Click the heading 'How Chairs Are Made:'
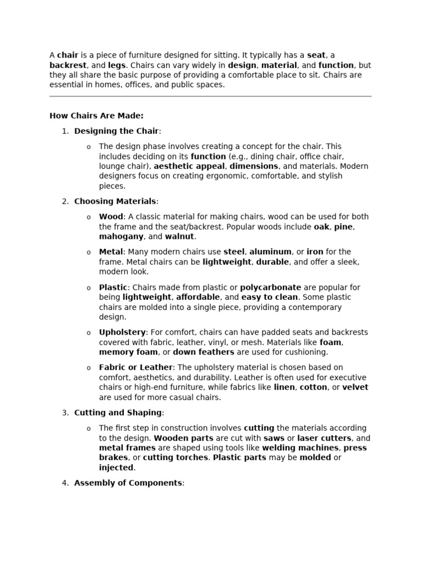[x=96, y=116]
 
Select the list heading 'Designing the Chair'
[x=116, y=131]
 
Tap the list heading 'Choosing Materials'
[x=115, y=201]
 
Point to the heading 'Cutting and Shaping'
[x=118, y=413]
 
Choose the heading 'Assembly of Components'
[x=128, y=483]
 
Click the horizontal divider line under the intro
[x=210, y=96]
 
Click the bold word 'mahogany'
[x=121, y=237]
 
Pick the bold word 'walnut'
[x=179, y=237]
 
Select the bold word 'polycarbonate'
[x=271, y=287]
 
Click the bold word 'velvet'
[x=355, y=387]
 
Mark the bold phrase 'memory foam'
[x=128, y=352]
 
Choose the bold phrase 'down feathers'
[x=203, y=352]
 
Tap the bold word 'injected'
[x=116, y=467]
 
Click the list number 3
[x=65, y=413]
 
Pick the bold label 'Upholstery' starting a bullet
[x=122, y=332]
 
